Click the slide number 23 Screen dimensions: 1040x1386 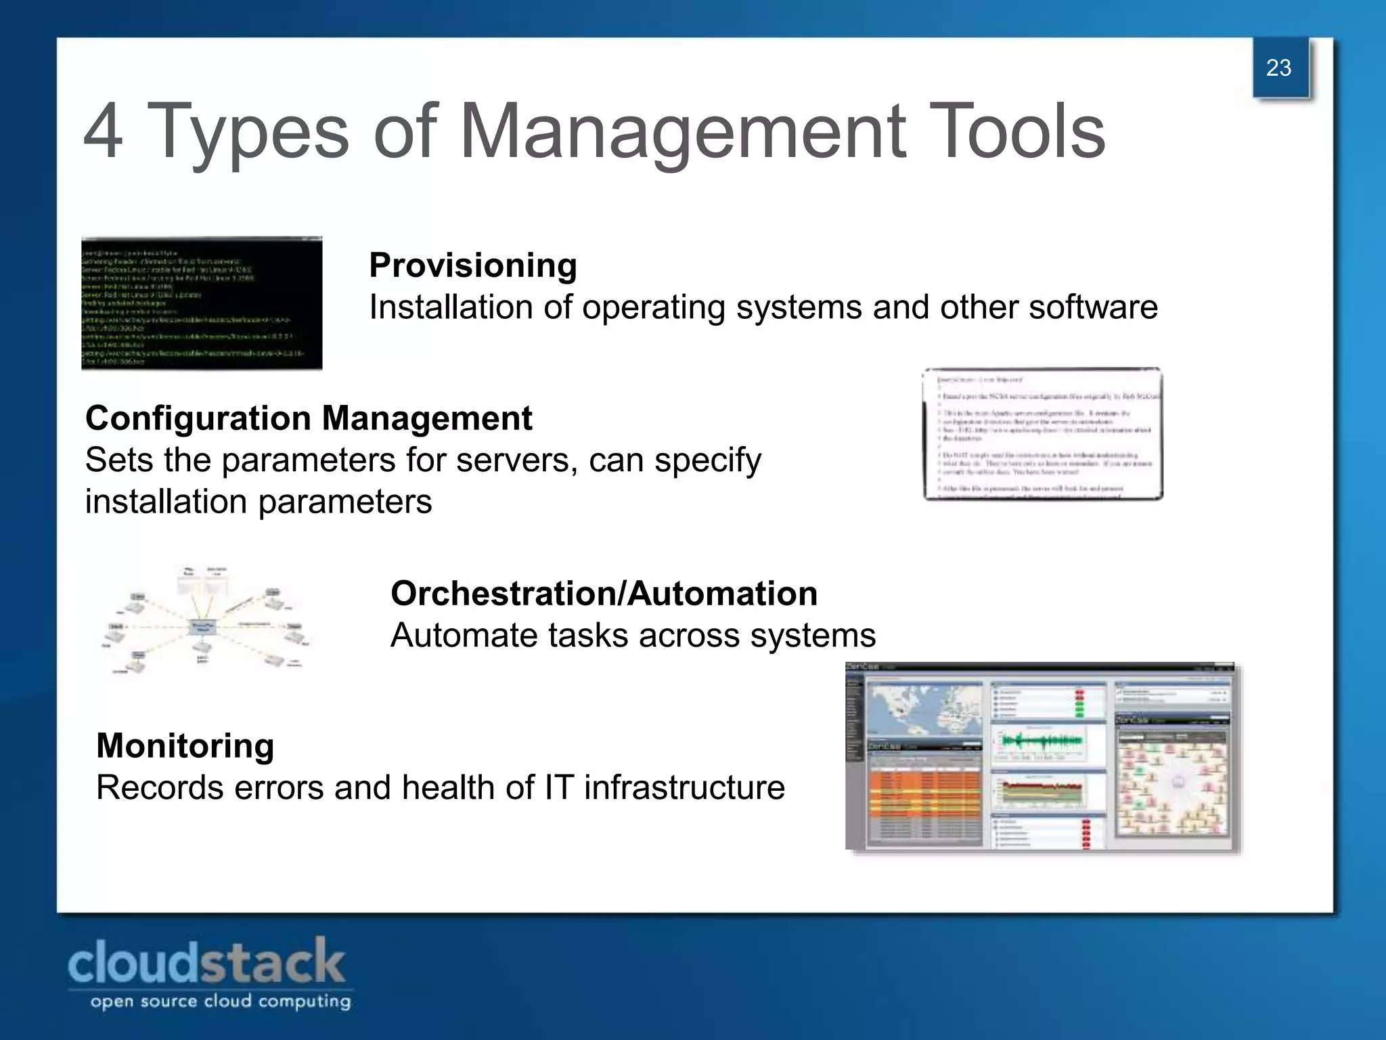click(x=1278, y=68)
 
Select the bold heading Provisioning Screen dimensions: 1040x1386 click(x=473, y=265)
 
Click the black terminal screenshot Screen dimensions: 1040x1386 click(x=202, y=303)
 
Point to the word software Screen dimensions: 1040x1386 click(x=1093, y=307)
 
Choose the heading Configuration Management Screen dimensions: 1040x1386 click(x=309, y=418)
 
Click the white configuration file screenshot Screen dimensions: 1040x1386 click(x=1042, y=434)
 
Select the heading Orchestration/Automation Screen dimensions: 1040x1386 click(x=604, y=593)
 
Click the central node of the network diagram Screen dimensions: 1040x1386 click(x=202, y=626)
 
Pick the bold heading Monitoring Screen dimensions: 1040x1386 click(x=185, y=745)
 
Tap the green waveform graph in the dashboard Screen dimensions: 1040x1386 click(x=1042, y=741)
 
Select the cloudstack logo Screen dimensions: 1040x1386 click(x=206, y=961)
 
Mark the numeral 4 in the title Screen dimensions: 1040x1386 click(x=104, y=131)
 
